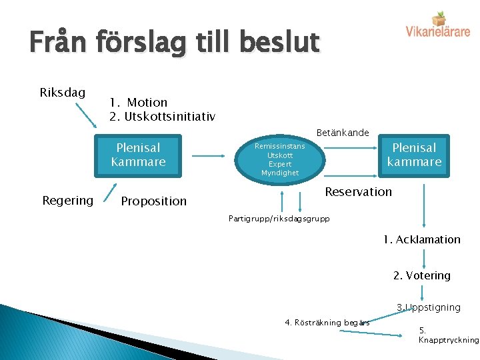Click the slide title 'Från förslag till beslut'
pos(175,43)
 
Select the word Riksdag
pos(63,92)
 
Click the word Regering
pos(67,200)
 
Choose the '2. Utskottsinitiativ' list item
pos(163,117)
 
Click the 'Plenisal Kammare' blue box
pos(139,155)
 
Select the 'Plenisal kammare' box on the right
pos(414,155)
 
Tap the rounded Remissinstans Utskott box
pos(280,159)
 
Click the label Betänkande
pos(342,133)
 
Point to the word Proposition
pos(154,201)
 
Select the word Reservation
pos(358,191)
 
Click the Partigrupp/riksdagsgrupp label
pos(279,218)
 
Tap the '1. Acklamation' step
pos(421,239)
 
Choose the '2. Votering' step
pos(421,275)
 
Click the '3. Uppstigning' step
pos(428,307)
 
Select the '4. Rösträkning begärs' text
pos(327,323)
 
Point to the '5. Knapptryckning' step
pos(448,335)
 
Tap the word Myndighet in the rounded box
pos(280,173)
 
